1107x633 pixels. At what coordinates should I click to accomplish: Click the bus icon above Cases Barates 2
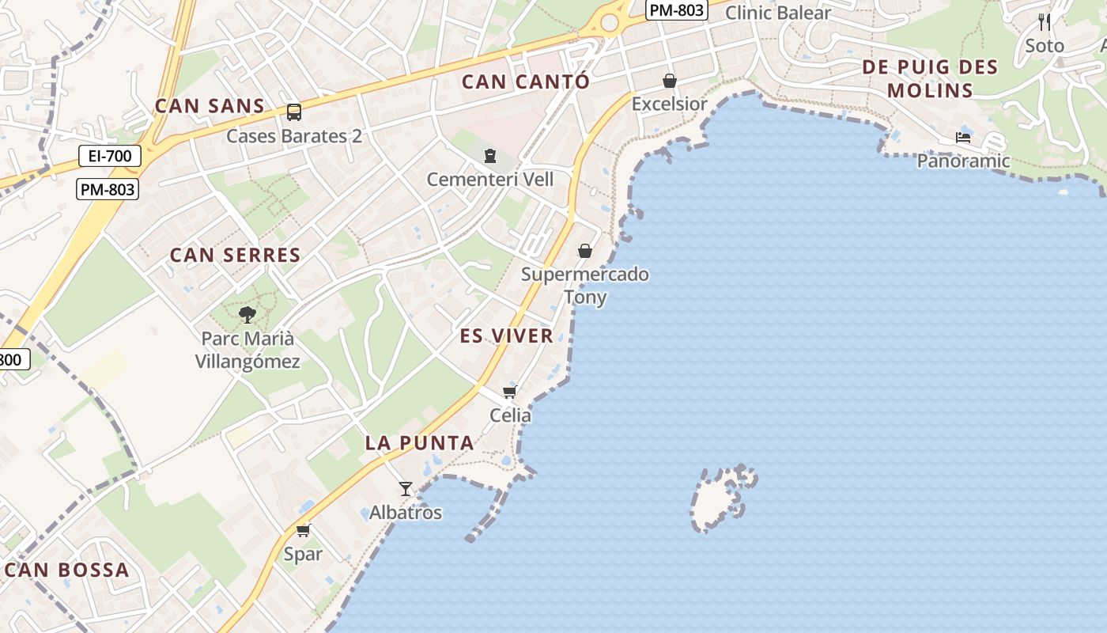coord(293,112)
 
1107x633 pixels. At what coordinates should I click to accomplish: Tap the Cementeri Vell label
coord(490,180)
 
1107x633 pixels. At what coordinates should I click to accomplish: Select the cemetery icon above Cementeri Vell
coord(490,155)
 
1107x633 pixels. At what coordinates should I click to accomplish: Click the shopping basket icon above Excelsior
coord(670,81)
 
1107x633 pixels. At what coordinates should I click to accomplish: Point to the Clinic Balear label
coord(777,13)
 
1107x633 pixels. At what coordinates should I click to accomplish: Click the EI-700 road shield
coord(110,156)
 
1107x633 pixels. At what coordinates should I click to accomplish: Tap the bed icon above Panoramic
coord(962,138)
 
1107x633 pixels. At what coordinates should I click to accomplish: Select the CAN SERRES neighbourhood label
coord(236,255)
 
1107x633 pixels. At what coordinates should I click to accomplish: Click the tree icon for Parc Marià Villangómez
coord(247,315)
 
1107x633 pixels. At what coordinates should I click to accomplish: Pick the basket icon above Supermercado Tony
coord(585,251)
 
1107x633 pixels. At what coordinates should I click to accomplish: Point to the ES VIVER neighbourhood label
coord(507,335)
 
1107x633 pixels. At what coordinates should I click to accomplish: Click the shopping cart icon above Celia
coord(510,392)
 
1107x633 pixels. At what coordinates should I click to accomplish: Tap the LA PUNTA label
coord(420,443)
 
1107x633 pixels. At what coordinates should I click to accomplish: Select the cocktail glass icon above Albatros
coord(406,489)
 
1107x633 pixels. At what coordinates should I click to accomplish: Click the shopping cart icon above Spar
coord(303,530)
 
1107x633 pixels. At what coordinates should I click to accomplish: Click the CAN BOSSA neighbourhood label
coord(67,570)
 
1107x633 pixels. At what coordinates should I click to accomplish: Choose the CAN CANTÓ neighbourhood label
coord(526,81)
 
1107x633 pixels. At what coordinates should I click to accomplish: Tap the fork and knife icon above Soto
coord(1045,21)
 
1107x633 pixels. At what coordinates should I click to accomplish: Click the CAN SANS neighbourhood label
coord(210,106)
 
